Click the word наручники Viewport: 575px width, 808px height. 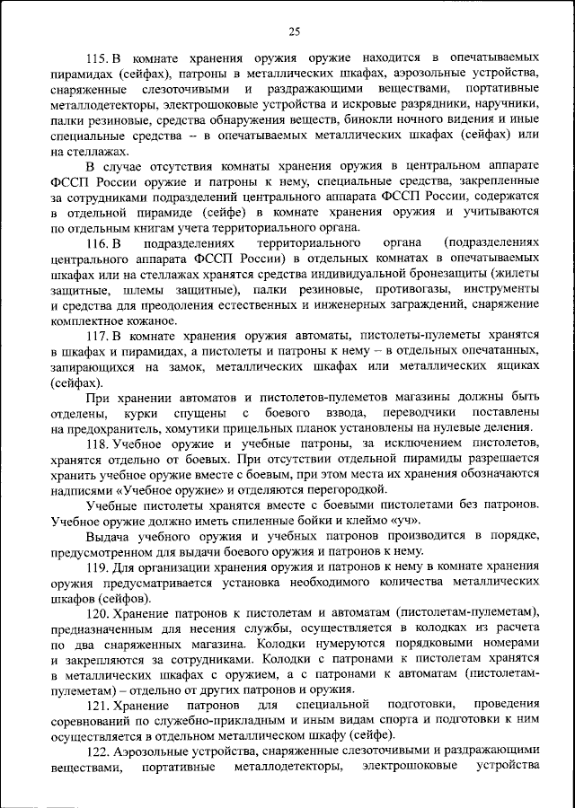click(x=508, y=104)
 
